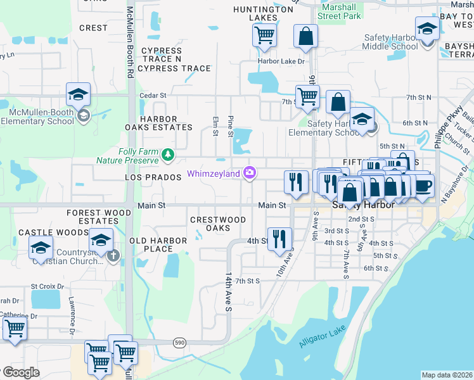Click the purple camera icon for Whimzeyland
(250, 173)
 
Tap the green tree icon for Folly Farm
(168, 154)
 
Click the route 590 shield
(181, 342)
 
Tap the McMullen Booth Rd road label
(130, 42)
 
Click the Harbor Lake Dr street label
(281, 61)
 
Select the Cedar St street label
(153, 96)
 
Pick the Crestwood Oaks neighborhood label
(218, 224)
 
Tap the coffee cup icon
(423, 186)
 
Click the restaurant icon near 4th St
(279, 239)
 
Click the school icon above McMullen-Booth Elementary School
(78, 94)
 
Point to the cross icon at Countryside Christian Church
(113, 256)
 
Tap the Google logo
(20, 372)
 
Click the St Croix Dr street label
(48, 286)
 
